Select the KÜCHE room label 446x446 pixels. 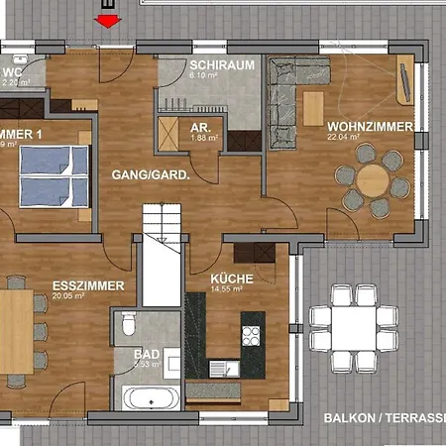(x=232, y=279)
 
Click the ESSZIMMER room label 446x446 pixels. (x=87, y=285)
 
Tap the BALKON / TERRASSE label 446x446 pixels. (x=383, y=418)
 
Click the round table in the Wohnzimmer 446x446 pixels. (x=373, y=180)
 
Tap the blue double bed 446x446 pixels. (x=54, y=176)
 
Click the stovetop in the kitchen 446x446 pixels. (x=251, y=335)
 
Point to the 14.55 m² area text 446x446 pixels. (x=232, y=290)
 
